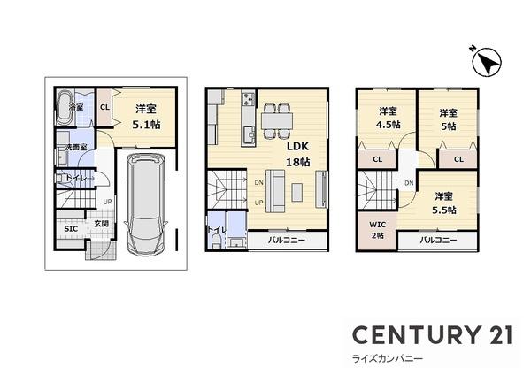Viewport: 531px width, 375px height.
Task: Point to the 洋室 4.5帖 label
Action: (x=388, y=117)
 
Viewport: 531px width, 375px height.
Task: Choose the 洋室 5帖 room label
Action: (x=447, y=119)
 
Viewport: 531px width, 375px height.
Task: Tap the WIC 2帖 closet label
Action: (x=377, y=230)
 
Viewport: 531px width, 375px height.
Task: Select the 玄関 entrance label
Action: (x=102, y=225)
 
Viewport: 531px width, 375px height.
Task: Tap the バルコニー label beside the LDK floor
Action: (x=281, y=241)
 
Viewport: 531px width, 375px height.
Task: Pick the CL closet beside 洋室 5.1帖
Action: (x=104, y=108)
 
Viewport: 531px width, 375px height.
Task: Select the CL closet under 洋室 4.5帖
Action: (x=377, y=160)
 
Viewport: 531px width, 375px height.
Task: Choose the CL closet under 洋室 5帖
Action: (x=458, y=159)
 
